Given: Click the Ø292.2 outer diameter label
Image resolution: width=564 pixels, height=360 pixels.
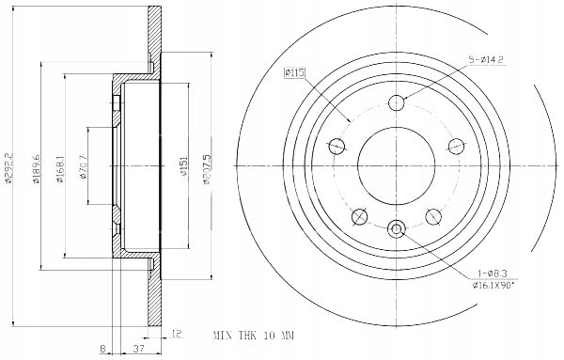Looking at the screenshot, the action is click(9, 168).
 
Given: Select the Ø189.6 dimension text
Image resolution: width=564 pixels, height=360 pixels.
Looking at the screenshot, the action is click(37, 168).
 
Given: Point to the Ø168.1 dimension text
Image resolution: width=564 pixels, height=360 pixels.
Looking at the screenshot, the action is click(60, 168).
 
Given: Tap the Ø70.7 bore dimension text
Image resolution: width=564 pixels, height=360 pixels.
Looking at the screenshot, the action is click(84, 167).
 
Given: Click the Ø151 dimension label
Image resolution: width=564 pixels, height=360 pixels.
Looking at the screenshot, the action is click(184, 165).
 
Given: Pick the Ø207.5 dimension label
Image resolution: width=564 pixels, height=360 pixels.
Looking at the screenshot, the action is click(207, 168).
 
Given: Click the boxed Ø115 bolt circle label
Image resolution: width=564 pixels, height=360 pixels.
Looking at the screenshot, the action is click(294, 72).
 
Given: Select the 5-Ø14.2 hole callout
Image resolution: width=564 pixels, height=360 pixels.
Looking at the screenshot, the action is click(486, 60).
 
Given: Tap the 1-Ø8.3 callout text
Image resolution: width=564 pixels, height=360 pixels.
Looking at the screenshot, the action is click(492, 274).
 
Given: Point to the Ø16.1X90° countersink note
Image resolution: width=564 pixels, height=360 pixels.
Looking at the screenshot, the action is click(493, 285).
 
